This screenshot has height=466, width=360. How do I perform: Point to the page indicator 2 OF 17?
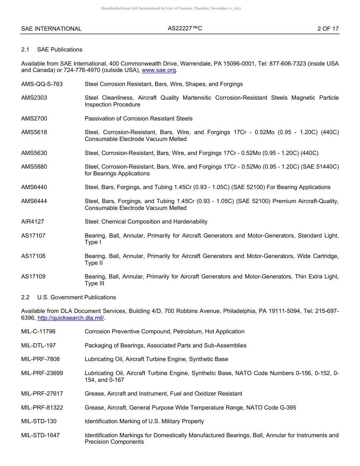pyautogui.click(x=328, y=29)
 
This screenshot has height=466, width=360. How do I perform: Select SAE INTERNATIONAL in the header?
pyautogui.click(x=51, y=29)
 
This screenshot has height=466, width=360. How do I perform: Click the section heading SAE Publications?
pyautogui.click(x=59, y=50)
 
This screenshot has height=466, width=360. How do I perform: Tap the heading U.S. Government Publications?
pyautogui.click(x=77, y=297)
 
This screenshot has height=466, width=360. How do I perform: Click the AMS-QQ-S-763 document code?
pyautogui.click(x=42, y=84)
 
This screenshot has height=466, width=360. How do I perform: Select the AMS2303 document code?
pyautogui.click(x=34, y=98)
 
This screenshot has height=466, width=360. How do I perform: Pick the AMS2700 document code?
pyautogui.click(x=34, y=119)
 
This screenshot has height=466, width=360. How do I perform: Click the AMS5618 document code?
pyautogui.click(x=34, y=132)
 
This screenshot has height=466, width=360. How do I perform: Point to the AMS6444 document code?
pyautogui.click(x=34, y=201)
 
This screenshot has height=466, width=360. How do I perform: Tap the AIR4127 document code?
pyautogui.click(x=33, y=222)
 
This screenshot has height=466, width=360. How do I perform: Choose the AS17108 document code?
pyautogui.click(x=33, y=256)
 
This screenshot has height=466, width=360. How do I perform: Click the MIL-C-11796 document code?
pyautogui.click(x=38, y=332)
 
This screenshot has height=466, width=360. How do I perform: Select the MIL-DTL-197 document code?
pyautogui.click(x=39, y=346)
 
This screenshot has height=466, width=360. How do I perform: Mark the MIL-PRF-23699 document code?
pyautogui.click(x=42, y=373)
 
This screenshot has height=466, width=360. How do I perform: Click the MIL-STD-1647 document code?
pyautogui.click(x=41, y=435)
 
